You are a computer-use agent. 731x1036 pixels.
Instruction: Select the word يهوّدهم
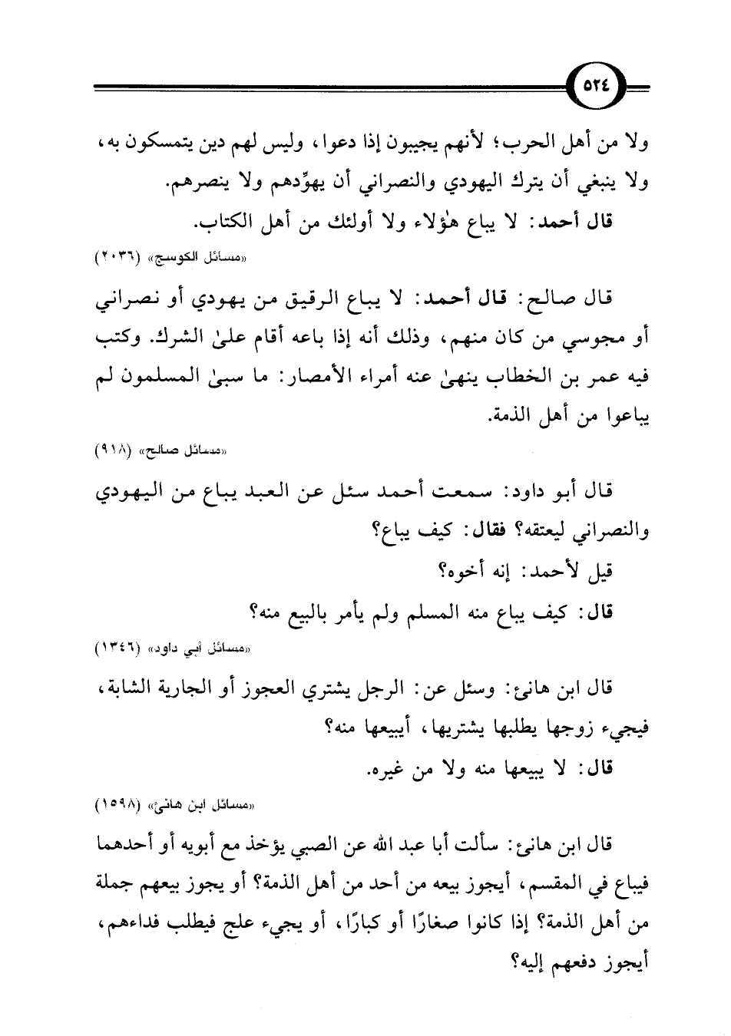click(303, 183)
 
